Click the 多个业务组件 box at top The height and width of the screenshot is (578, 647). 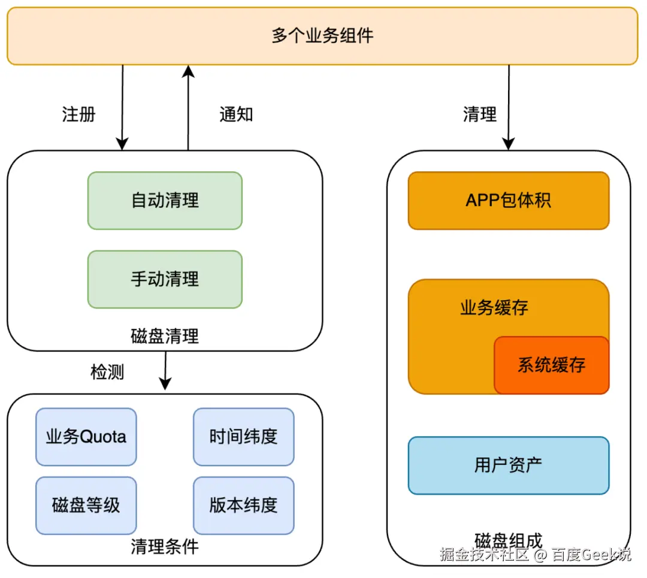point(322,35)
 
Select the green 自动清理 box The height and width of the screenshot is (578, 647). point(165,201)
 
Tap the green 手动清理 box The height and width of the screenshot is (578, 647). point(165,279)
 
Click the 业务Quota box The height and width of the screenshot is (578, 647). point(86,437)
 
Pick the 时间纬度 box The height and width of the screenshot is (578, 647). point(243,437)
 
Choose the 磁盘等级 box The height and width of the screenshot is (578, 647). point(86,506)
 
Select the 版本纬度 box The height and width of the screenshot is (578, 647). point(243,506)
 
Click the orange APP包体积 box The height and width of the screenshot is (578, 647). point(508,201)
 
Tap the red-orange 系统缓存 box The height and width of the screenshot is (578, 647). point(551,365)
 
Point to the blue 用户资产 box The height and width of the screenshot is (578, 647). point(508,465)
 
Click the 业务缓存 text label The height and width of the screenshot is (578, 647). point(494,308)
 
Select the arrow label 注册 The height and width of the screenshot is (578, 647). point(78,114)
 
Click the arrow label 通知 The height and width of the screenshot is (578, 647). point(236,114)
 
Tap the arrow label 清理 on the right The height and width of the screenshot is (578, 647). point(480,114)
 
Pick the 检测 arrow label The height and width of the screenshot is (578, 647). point(107,372)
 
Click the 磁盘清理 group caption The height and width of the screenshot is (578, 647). point(165,336)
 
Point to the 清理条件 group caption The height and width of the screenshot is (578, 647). point(165,546)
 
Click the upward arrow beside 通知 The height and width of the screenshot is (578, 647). point(188,108)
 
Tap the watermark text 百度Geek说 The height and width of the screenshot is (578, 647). point(591,554)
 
